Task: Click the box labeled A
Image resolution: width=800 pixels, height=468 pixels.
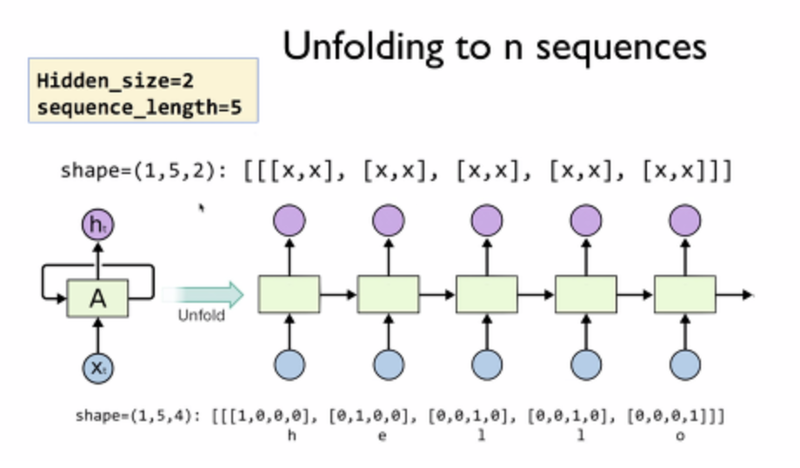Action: coord(97,298)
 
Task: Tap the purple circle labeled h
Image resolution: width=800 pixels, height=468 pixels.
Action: coord(97,225)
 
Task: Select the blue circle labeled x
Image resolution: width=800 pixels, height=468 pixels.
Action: coord(97,368)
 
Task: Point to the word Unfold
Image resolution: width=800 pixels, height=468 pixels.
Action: coord(202,315)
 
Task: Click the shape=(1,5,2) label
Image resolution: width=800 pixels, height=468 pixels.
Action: coord(144,170)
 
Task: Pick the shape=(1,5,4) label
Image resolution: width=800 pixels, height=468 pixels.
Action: coord(138,416)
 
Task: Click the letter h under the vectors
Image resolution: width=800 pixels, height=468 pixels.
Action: coord(290,436)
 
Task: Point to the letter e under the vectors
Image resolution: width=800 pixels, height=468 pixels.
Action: coord(383,436)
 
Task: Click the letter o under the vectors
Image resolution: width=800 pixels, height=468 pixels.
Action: coord(679,436)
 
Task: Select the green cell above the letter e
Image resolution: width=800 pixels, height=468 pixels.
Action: coord(388,294)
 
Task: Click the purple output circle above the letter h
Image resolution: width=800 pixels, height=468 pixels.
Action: coord(290,221)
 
